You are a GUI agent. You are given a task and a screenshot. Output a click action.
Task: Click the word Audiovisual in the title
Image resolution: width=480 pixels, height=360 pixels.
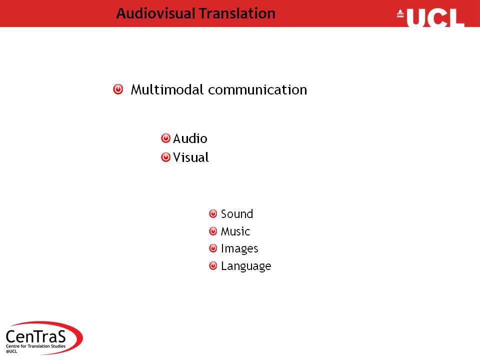pos(155,13)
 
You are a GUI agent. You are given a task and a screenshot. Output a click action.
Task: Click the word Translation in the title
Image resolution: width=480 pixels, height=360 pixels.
pos(237,13)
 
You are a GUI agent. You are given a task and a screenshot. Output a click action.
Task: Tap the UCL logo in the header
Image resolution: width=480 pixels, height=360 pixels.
pos(431,17)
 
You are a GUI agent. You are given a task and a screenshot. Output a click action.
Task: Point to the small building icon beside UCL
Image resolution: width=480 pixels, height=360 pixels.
pos(400,13)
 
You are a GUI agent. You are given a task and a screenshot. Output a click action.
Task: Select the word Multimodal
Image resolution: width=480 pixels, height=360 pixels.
pos(167,89)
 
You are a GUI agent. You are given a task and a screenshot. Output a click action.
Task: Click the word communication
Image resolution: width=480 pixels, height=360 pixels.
pos(257,89)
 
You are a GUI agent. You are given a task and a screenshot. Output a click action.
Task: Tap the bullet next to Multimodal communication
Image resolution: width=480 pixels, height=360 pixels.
pos(118,89)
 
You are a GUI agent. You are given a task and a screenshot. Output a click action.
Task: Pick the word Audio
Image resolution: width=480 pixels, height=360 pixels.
pos(190,138)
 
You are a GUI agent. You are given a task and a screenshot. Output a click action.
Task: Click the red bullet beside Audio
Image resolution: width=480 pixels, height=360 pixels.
pos(165,138)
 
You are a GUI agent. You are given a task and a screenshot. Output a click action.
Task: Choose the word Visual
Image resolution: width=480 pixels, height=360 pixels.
pos(190,157)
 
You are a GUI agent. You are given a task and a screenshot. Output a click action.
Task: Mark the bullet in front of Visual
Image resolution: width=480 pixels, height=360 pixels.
pos(165,157)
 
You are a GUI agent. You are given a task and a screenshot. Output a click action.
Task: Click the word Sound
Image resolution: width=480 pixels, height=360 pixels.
pos(237,213)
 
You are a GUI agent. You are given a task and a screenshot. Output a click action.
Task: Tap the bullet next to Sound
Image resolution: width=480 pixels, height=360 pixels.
pos(213,213)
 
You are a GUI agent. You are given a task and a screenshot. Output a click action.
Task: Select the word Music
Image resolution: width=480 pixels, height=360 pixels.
pos(235,231)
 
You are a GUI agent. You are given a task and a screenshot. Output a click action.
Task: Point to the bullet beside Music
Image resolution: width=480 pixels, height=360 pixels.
pos(213,231)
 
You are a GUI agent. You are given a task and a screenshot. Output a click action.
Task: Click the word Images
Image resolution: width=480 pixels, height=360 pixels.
pos(239,248)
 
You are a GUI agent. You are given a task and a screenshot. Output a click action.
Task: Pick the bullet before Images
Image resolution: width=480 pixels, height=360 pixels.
pos(213,248)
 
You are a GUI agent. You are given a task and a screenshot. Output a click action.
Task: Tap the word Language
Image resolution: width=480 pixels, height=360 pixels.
pos(246,266)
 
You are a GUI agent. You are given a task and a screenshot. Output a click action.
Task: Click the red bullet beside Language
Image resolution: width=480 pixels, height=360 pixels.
pos(213,265)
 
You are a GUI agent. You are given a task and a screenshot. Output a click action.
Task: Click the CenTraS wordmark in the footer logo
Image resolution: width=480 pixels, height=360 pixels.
pos(36,336)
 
